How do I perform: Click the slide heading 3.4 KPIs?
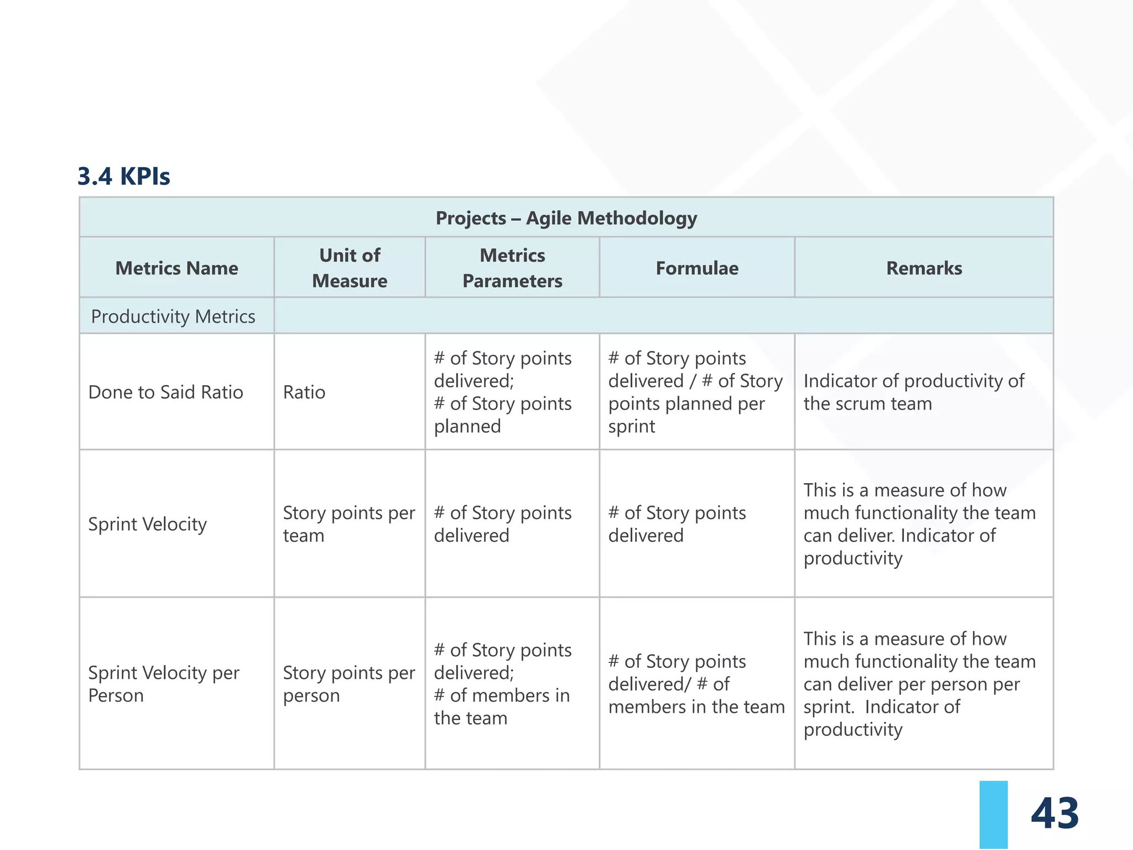click(x=123, y=177)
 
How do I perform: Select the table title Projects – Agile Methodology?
click(x=566, y=218)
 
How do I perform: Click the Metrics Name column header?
click(x=176, y=268)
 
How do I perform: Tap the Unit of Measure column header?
click(x=350, y=268)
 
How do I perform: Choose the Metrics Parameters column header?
click(x=512, y=268)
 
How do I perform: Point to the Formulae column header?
click(x=697, y=268)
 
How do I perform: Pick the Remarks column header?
click(x=924, y=268)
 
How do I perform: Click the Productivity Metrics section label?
click(x=173, y=317)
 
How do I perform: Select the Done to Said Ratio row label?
click(x=165, y=392)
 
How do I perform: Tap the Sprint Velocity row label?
click(x=148, y=524)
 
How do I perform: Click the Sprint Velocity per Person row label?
click(x=164, y=684)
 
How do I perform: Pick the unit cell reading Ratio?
click(x=304, y=392)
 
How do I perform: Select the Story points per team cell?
click(x=349, y=524)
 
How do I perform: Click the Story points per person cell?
click(x=349, y=684)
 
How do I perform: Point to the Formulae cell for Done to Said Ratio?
click(x=695, y=392)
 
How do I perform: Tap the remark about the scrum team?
click(x=913, y=392)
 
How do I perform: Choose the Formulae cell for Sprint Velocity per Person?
click(x=697, y=684)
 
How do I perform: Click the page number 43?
click(x=1054, y=813)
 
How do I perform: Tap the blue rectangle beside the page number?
click(x=993, y=815)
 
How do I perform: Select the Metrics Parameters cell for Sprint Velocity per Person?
click(x=502, y=684)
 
